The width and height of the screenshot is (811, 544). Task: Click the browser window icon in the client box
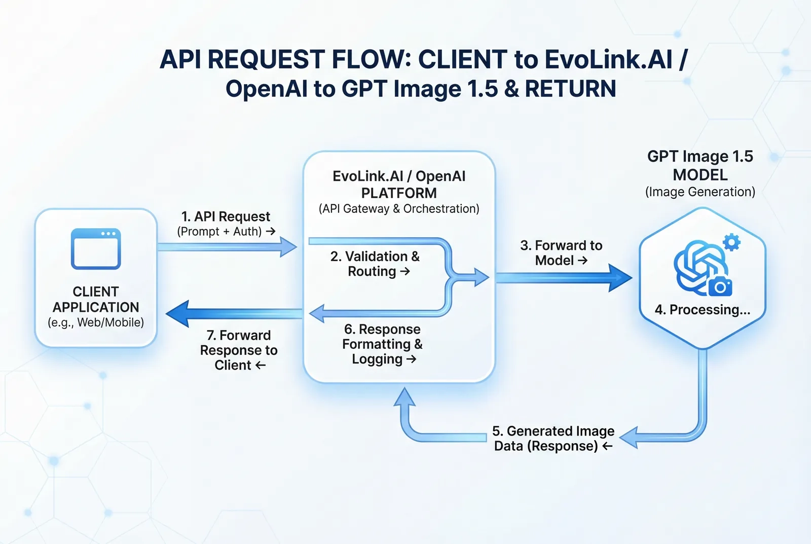click(96, 249)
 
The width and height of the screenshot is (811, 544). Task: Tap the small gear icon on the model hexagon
click(731, 242)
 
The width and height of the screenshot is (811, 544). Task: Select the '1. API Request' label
click(226, 217)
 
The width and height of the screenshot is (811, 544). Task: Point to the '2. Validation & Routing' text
click(375, 264)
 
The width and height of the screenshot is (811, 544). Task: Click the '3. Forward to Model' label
click(561, 253)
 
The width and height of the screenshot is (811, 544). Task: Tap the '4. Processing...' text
click(702, 310)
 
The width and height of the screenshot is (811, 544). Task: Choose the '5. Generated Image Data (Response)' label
click(553, 439)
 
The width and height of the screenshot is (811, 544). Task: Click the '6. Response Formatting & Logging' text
click(382, 344)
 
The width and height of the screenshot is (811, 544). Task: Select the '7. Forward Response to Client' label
click(239, 350)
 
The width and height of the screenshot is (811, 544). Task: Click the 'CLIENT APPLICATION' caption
click(96, 299)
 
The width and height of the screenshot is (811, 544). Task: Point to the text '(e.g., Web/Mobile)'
click(96, 322)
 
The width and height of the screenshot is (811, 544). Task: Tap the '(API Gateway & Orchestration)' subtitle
click(399, 209)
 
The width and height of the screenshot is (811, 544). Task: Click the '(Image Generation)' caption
click(700, 192)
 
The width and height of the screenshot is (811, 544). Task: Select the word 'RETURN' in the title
click(570, 89)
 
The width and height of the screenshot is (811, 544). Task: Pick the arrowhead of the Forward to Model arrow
click(620, 277)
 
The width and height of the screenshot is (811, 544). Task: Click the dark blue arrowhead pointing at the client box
click(177, 313)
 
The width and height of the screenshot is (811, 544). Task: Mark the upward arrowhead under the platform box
click(404, 398)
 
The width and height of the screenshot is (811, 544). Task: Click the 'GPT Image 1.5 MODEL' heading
click(700, 165)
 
